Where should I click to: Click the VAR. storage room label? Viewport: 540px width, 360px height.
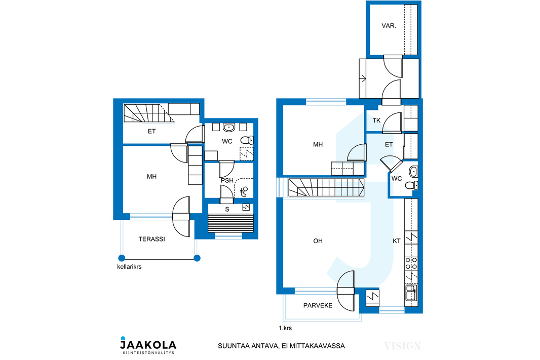pyautogui.click(x=389, y=25)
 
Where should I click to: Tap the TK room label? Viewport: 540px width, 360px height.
pyautogui.click(x=376, y=121)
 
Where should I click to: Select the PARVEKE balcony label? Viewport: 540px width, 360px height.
pyautogui.click(x=318, y=305)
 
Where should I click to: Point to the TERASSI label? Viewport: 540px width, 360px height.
pyautogui.click(x=151, y=239)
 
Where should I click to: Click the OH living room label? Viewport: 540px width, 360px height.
pyautogui.click(x=318, y=241)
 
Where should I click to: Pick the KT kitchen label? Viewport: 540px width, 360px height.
pyautogui.click(x=397, y=241)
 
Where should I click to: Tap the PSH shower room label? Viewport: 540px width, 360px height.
pyautogui.click(x=227, y=180)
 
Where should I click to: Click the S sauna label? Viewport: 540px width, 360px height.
pyautogui.click(x=227, y=209)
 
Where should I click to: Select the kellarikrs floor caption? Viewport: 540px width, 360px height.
pyautogui.click(x=129, y=266)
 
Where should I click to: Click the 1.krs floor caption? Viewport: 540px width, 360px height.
pyautogui.click(x=285, y=328)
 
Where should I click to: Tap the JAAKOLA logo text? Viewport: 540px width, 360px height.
pyautogui.click(x=148, y=344)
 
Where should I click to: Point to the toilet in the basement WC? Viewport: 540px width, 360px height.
pyautogui.click(x=247, y=140)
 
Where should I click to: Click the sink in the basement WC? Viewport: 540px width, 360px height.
pyautogui.click(x=228, y=128)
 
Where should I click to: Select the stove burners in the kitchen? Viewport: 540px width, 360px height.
pyautogui.click(x=411, y=264)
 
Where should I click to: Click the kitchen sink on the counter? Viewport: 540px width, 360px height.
pyautogui.click(x=411, y=293)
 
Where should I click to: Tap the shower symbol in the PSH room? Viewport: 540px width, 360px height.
pyautogui.click(x=244, y=191)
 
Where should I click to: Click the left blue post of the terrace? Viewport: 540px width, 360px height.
pyautogui.click(x=122, y=258)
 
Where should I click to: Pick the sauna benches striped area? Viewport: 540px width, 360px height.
pyautogui.click(x=230, y=223)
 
